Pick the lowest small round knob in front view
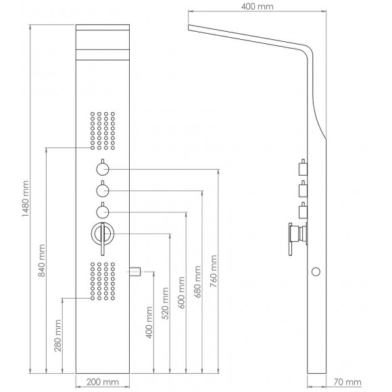[103, 212]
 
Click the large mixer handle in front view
[103, 236]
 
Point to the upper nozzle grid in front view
[103, 128]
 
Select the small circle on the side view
[315, 272]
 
